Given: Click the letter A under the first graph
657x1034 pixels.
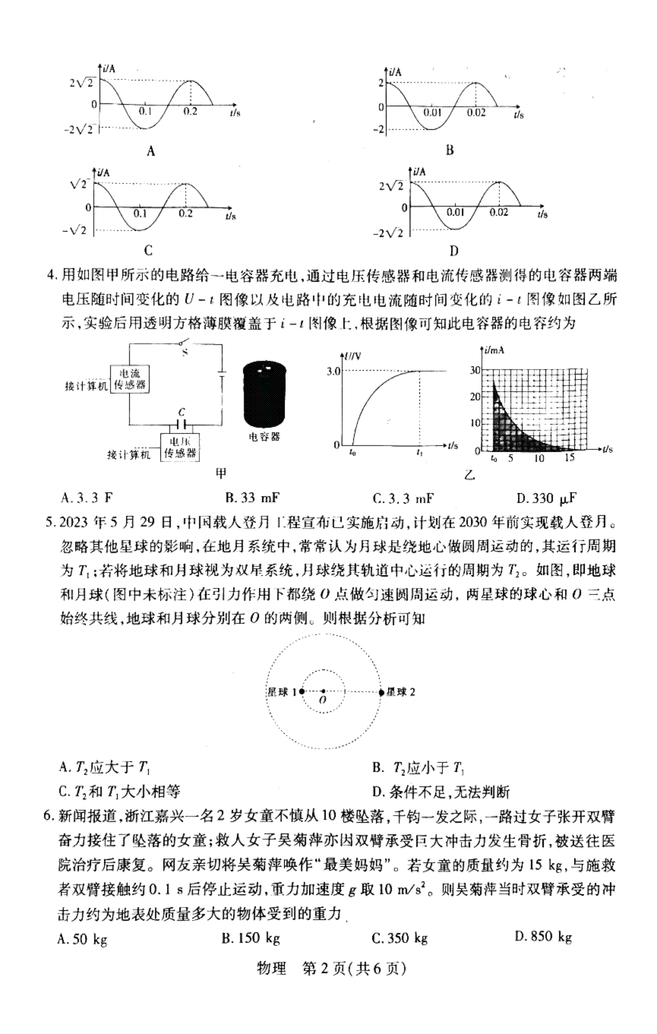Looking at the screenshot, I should pyautogui.click(x=151, y=152).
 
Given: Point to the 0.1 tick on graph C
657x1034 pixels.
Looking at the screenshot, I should pyautogui.click(x=141, y=213).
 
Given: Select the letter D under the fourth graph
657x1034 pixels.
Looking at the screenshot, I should pyautogui.click(x=453, y=251).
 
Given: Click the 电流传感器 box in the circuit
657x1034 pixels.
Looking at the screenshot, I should pyautogui.click(x=130, y=378).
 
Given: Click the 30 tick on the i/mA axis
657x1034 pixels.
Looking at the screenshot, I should pyautogui.click(x=475, y=371).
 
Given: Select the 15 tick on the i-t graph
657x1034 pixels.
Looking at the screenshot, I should pyautogui.click(x=569, y=458).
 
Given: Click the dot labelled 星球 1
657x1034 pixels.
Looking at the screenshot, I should pyautogui.click(x=302, y=692).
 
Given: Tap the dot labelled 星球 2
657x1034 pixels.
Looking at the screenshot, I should pyautogui.click(x=382, y=692).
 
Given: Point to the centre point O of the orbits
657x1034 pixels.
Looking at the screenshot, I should pyautogui.click(x=324, y=692).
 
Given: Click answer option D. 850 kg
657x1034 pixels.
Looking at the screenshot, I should pyautogui.click(x=543, y=937).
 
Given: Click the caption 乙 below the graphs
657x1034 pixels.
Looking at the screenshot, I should pyautogui.click(x=469, y=475).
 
